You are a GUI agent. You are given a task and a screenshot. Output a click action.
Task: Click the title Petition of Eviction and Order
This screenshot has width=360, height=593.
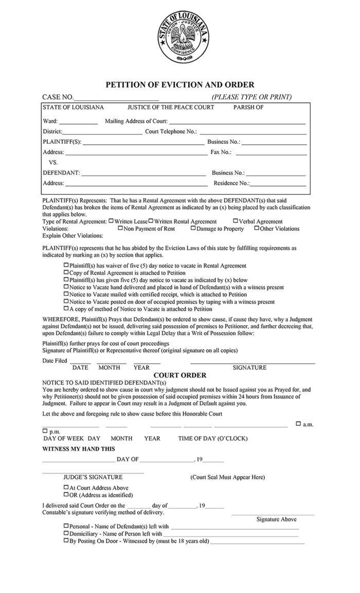tap(180, 85)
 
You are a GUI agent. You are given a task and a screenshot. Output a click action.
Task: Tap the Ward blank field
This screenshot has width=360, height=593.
tap(78, 122)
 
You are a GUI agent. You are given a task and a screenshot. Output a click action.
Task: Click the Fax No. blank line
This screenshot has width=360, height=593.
tap(271, 153)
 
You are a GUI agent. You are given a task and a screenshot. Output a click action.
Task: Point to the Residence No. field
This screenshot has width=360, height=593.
tap(278, 184)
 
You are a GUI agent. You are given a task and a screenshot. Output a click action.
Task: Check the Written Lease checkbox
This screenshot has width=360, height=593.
tap(111, 221)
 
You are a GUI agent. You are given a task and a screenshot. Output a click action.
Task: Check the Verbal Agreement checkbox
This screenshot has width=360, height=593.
tap(235, 221)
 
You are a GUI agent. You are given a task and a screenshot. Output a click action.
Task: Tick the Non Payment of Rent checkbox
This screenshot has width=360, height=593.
tap(120, 228)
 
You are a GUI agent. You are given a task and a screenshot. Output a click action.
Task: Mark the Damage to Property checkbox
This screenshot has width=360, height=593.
tap(193, 228)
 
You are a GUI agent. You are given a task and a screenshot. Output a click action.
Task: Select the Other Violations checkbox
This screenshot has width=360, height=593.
tap(256, 228)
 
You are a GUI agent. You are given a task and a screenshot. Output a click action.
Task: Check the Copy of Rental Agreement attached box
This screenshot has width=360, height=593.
tap(66, 272)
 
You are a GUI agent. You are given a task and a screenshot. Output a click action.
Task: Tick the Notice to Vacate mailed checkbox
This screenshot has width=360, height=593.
tap(66, 294)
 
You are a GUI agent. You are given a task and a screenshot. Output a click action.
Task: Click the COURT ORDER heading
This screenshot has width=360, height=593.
tap(180, 375)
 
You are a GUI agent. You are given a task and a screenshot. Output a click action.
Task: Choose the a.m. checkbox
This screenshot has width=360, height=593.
tap(298, 424)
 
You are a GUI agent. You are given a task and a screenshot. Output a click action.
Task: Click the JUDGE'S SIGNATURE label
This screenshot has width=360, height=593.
tap(93, 477)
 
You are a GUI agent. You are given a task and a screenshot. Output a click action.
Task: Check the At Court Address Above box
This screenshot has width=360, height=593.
tap(66, 487)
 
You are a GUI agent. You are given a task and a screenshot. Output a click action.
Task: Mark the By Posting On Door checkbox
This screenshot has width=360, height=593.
tap(66, 541)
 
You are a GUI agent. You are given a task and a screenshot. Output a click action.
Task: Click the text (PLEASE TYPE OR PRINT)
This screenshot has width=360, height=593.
tap(251, 97)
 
